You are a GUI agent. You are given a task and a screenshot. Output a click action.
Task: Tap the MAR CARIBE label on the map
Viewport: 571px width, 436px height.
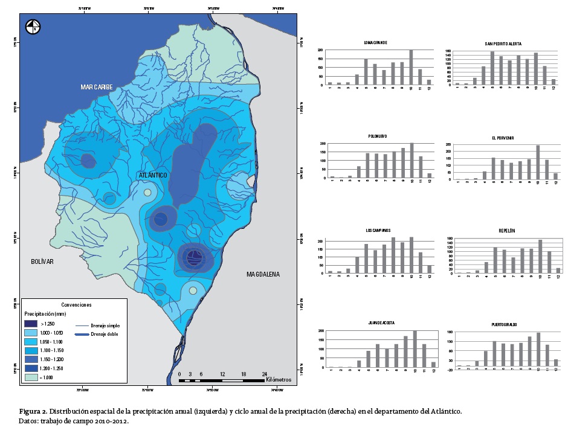(x=97, y=88)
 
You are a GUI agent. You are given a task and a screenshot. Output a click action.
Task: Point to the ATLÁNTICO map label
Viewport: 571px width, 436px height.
(x=153, y=175)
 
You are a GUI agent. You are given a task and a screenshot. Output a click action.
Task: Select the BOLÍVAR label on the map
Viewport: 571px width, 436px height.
(x=43, y=261)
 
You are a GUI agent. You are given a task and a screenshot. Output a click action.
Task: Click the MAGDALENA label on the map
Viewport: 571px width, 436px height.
(x=263, y=274)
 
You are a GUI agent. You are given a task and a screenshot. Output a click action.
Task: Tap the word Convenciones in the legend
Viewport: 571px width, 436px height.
(x=76, y=304)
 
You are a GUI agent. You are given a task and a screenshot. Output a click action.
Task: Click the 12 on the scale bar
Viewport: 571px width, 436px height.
(x=222, y=374)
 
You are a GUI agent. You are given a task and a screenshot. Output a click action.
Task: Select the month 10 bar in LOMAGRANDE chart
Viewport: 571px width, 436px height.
(x=411, y=67)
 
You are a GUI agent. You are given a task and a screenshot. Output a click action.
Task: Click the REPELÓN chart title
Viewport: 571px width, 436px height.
(x=507, y=231)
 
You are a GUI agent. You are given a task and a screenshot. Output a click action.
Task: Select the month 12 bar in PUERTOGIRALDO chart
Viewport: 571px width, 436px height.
(x=556, y=362)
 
